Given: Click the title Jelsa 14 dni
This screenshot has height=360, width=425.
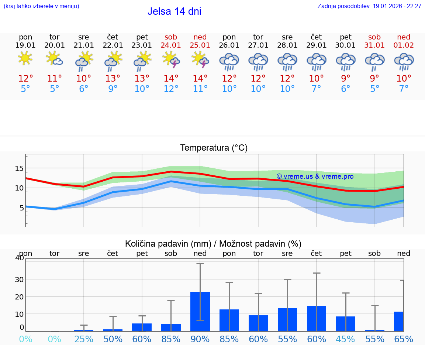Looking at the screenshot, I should point(174,11).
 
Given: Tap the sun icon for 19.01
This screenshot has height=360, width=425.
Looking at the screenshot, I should point(25,58).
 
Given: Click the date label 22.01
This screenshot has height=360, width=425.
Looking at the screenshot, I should point(113,45).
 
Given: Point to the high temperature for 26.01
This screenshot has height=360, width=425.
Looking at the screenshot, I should point(229,79).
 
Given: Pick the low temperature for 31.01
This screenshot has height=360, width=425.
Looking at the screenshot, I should point(374,89).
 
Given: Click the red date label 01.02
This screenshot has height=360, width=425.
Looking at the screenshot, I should point(404,45).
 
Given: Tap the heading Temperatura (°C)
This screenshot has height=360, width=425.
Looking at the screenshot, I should point(214,148).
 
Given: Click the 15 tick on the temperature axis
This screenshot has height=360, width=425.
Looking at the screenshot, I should point(19,168).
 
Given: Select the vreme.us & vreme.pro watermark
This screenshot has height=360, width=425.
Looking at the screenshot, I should point(315,176).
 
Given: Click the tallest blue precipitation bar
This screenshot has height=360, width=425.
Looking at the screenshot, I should point(200,311).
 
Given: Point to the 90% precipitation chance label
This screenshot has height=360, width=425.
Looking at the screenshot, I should point(200,339).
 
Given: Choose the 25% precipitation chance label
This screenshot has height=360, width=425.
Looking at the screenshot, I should point(84,339).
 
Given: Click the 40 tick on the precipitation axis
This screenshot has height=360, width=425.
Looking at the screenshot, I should point(20,258).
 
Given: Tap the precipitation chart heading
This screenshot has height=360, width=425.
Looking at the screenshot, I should point(213,244).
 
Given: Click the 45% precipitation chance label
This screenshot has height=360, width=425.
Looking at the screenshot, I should point(346,339).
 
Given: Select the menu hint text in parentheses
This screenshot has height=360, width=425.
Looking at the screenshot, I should point(41,6).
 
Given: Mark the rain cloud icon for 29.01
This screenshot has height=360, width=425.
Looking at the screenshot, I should point(317,61).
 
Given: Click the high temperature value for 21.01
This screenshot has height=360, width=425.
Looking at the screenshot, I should point(84,79).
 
